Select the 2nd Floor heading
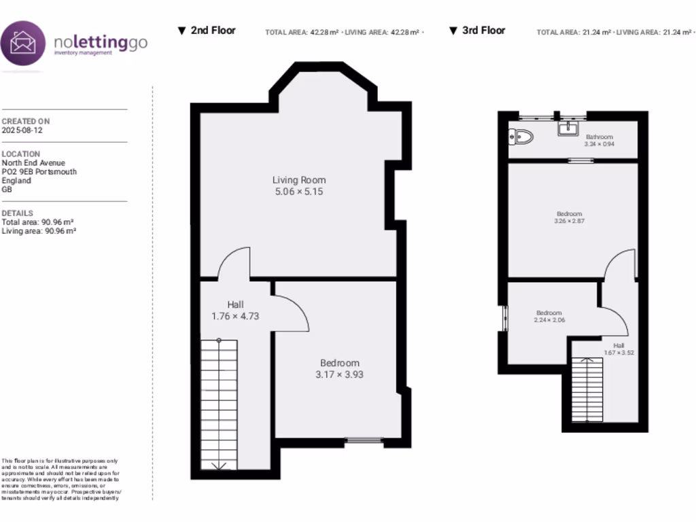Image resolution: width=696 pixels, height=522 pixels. [x=212, y=31]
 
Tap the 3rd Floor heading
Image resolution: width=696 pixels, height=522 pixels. [x=483, y=31]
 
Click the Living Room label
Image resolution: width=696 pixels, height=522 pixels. [x=299, y=180]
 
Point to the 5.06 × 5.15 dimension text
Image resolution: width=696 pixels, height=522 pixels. [x=299, y=192]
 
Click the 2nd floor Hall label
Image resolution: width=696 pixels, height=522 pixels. [x=235, y=304]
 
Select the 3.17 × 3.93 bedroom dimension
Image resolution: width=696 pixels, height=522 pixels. [x=340, y=375]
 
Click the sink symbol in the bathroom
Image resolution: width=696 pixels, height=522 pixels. [x=568, y=128]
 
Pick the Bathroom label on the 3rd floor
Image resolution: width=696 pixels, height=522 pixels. [x=599, y=137]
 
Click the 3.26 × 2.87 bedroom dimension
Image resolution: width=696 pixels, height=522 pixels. [x=570, y=221]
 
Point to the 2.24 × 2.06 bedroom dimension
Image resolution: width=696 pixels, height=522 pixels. [x=550, y=320]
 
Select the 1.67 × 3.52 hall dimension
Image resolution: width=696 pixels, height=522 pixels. [x=619, y=353]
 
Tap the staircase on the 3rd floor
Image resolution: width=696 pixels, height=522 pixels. [x=587, y=389]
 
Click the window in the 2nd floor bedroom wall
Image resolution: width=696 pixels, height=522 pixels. [x=364, y=440]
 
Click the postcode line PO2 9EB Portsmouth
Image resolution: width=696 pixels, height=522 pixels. [x=39, y=172]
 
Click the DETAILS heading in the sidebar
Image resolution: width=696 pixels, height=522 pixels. [x=18, y=213]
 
